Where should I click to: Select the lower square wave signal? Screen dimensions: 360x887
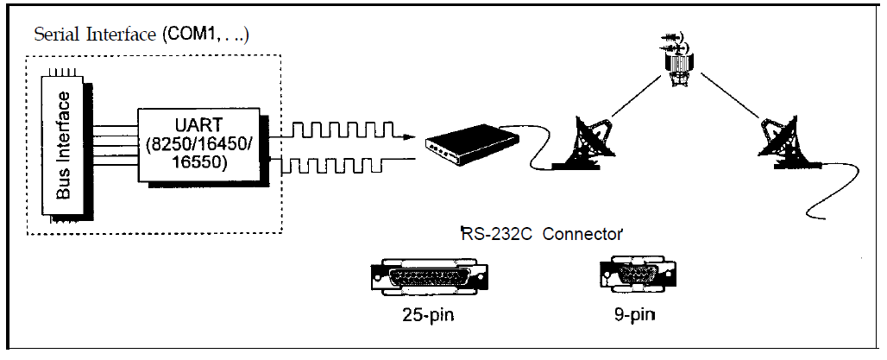click(337, 162)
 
